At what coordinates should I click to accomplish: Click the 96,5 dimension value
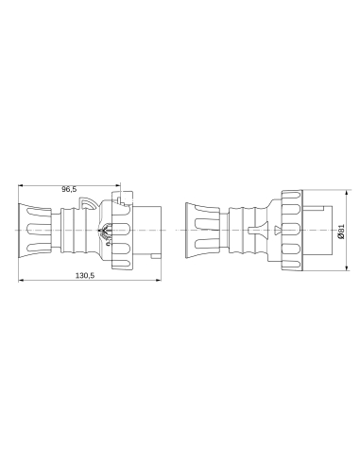pyautogui.click(x=69, y=189)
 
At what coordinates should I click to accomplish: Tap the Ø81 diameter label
pyautogui.click(x=341, y=230)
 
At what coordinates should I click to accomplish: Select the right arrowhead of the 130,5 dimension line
pyautogui.click(x=161, y=283)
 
